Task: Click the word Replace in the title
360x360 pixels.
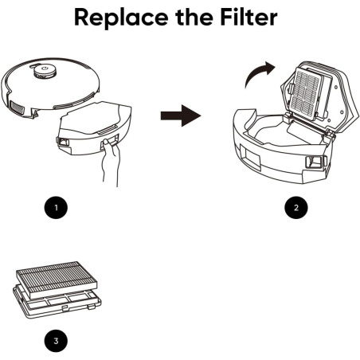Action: (x=121, y=18)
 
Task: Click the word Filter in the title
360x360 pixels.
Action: (x=248, y=17)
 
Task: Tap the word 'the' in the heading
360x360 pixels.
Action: (x=194, y=17)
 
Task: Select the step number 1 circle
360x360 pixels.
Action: (x=56, y=207)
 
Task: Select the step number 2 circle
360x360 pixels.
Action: (x=296, y=207)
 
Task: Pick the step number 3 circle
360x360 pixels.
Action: (x=56, y=341)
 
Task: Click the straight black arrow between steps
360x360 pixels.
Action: (x=181, y=115)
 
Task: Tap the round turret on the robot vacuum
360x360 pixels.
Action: (x=45, y=71)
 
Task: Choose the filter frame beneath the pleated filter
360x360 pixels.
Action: (x=57, y=303)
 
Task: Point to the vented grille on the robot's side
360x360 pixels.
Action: (x=17, y=108)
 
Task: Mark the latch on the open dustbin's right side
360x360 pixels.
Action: (x=315, y=162)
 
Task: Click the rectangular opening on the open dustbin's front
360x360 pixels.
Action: (x=251, y=157)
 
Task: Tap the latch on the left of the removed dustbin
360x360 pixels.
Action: (x=63, y=142)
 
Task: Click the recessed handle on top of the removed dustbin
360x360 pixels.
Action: (x=108, y=130)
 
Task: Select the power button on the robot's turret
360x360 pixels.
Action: (x=45, y=68)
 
